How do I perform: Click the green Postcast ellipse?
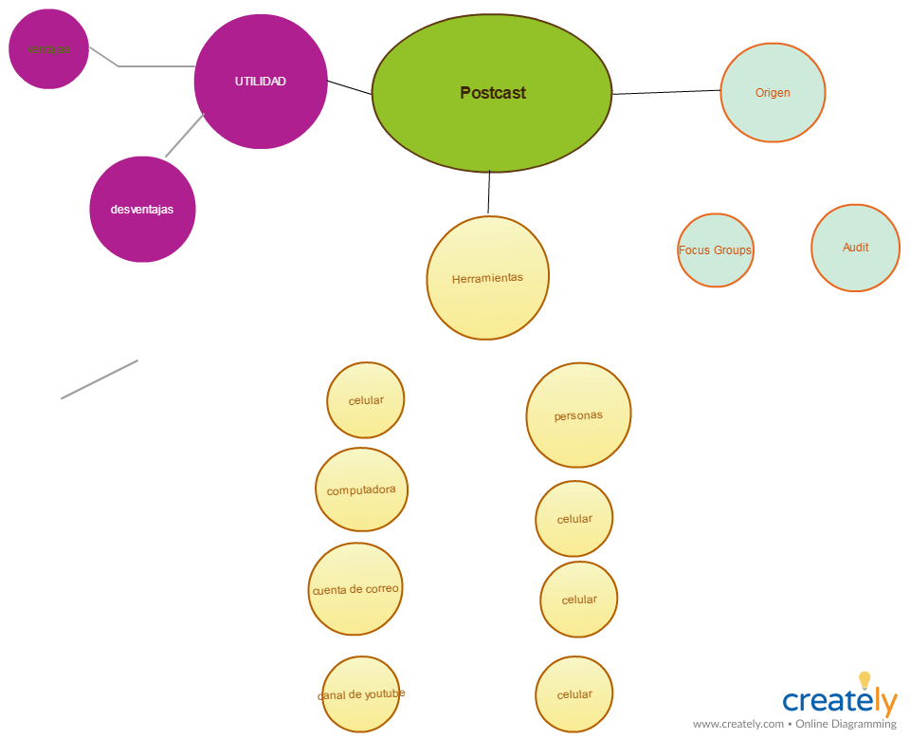coord(492,93)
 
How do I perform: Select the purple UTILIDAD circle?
coord(261,82)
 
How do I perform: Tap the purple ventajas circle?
coord(48,49)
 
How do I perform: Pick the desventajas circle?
coord(142,210)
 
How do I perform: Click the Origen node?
coord(773,93)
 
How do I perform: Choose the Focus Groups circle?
coord(716,250)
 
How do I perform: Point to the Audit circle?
coord(855,248)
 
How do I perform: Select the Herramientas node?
coord(487,278)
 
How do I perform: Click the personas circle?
coord(578,416)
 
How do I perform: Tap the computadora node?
coord(361,490)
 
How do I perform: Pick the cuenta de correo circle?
coord(355,589)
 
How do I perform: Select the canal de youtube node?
coord(361,694)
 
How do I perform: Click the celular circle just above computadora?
coord(366,400)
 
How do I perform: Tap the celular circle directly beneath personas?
coord(574,519)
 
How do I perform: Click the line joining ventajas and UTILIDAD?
coord(152,66)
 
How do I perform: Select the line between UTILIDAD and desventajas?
coord(185,136)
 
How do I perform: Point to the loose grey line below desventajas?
coord(100,379)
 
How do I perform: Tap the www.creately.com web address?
coord(738,725)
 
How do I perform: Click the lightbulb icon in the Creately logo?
coord(864,680)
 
